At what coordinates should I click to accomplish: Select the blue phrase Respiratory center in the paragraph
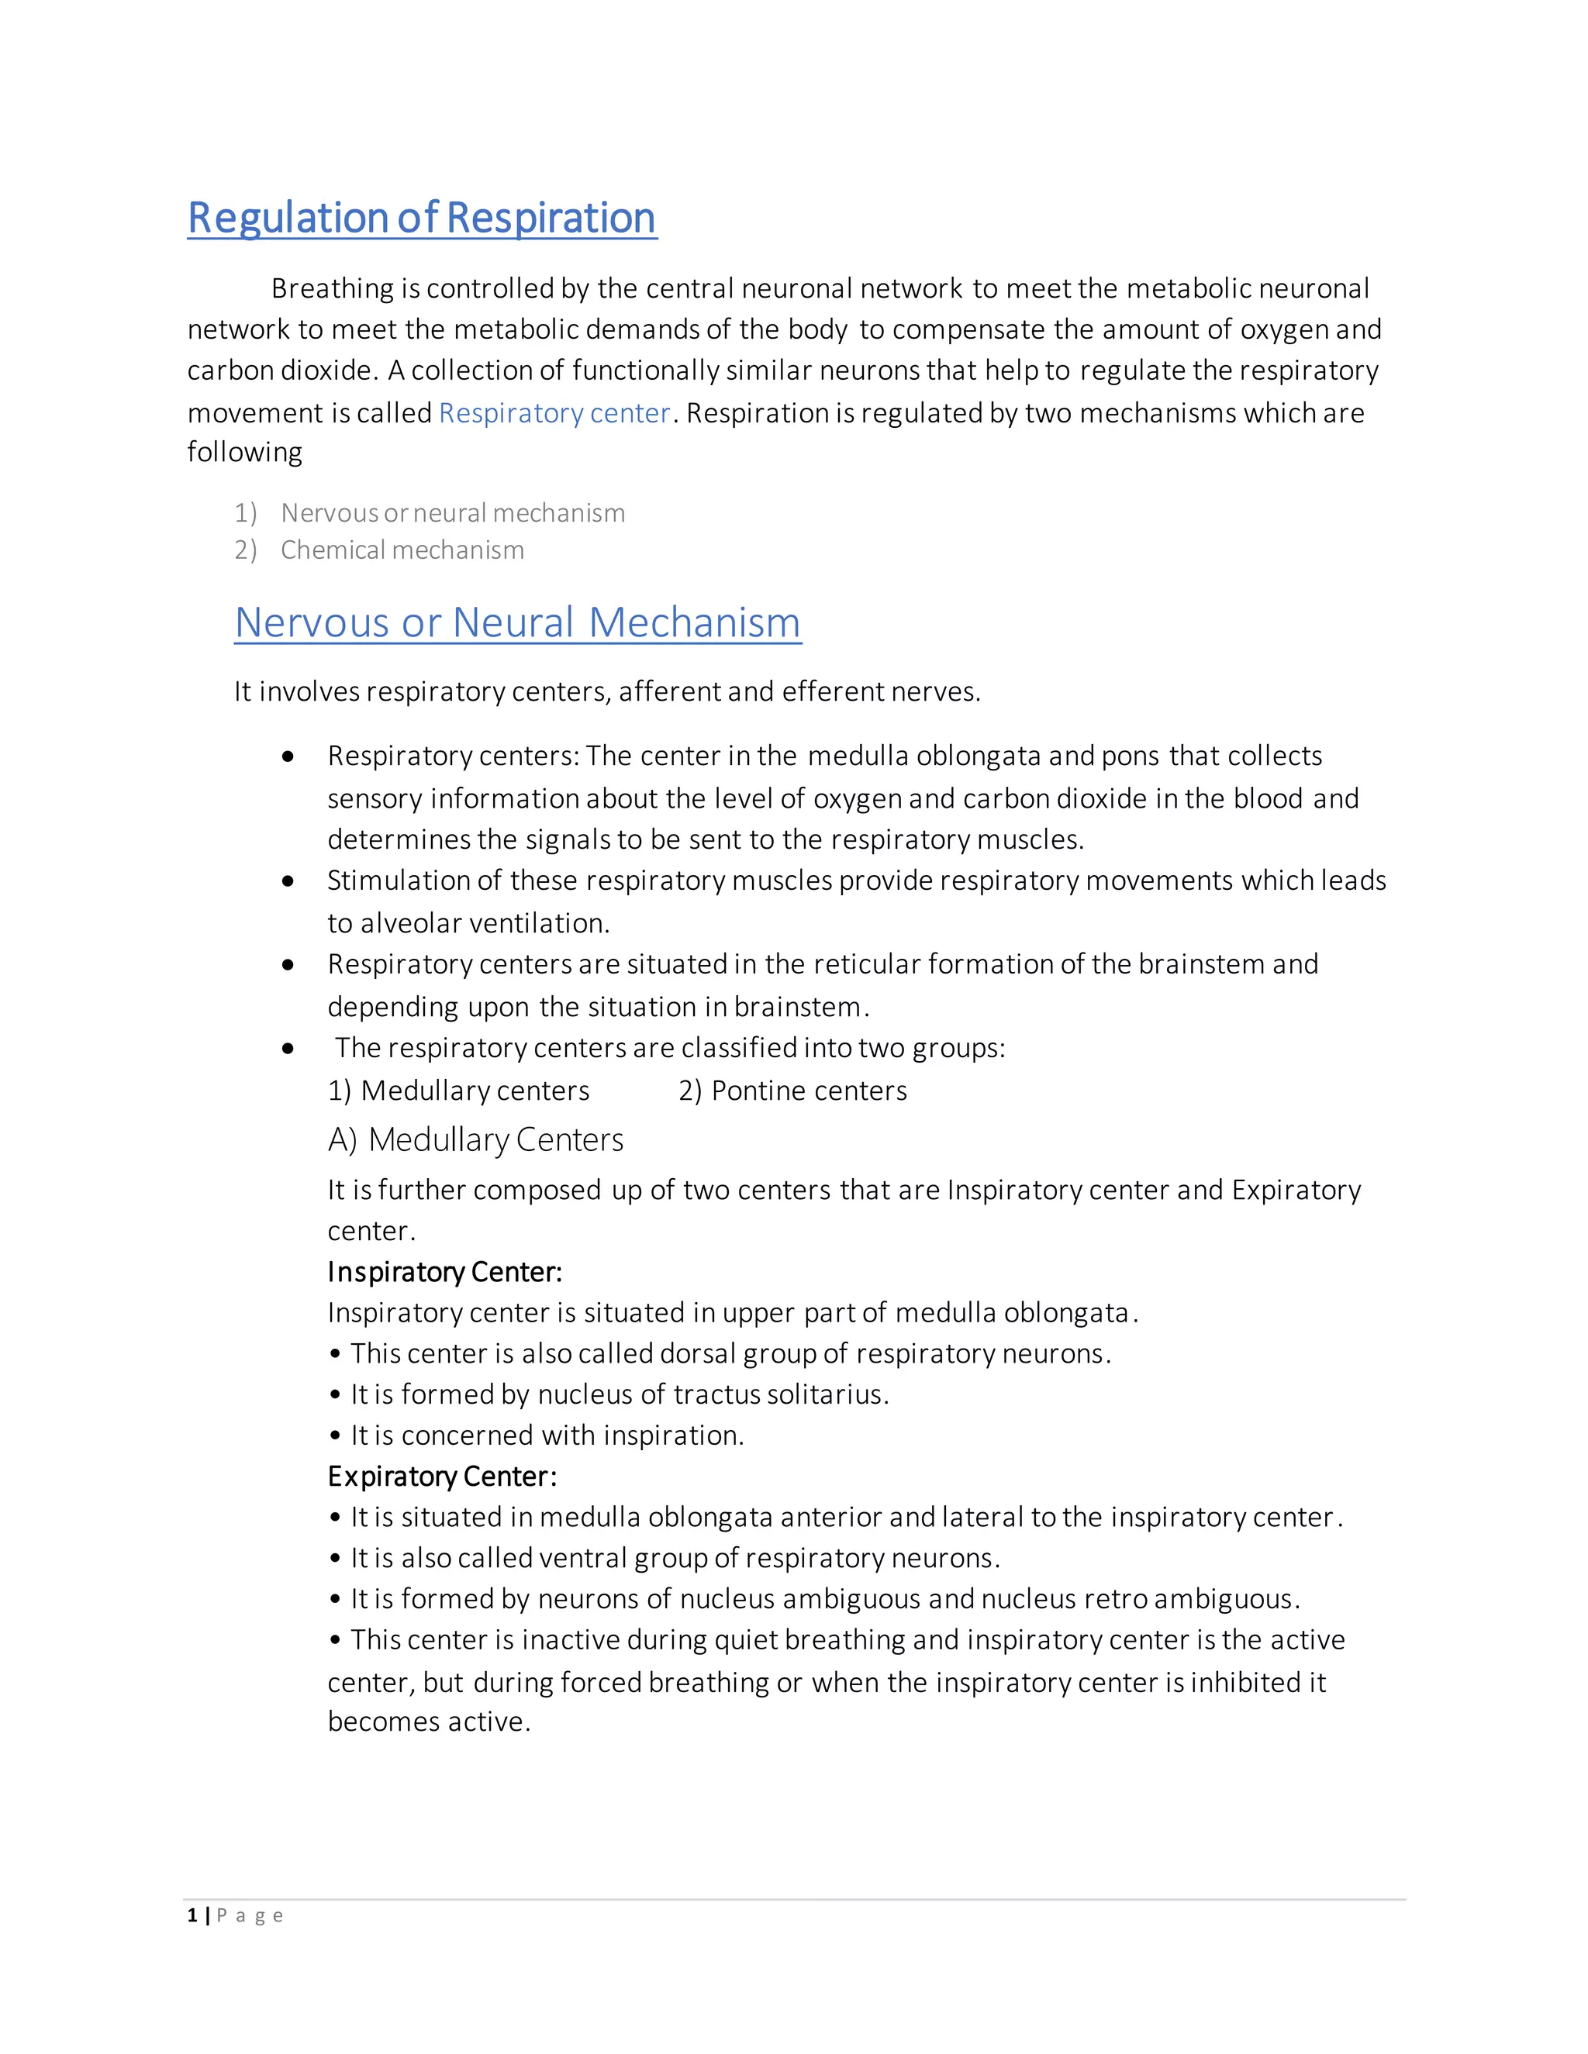click(554, 413)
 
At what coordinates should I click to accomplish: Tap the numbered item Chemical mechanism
click(402, 550)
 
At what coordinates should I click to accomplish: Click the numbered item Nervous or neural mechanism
click(453, 512)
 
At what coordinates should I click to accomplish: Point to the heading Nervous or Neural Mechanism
click(517, 622)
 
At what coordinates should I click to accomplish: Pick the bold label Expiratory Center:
click(442, 1476)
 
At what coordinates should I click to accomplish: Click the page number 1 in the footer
click(192, 1916)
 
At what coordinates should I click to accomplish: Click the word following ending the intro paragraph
click(244, 453)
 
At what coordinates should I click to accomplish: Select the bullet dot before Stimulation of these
click(288, 881)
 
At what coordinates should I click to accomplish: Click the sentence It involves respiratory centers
click(607, 691)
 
